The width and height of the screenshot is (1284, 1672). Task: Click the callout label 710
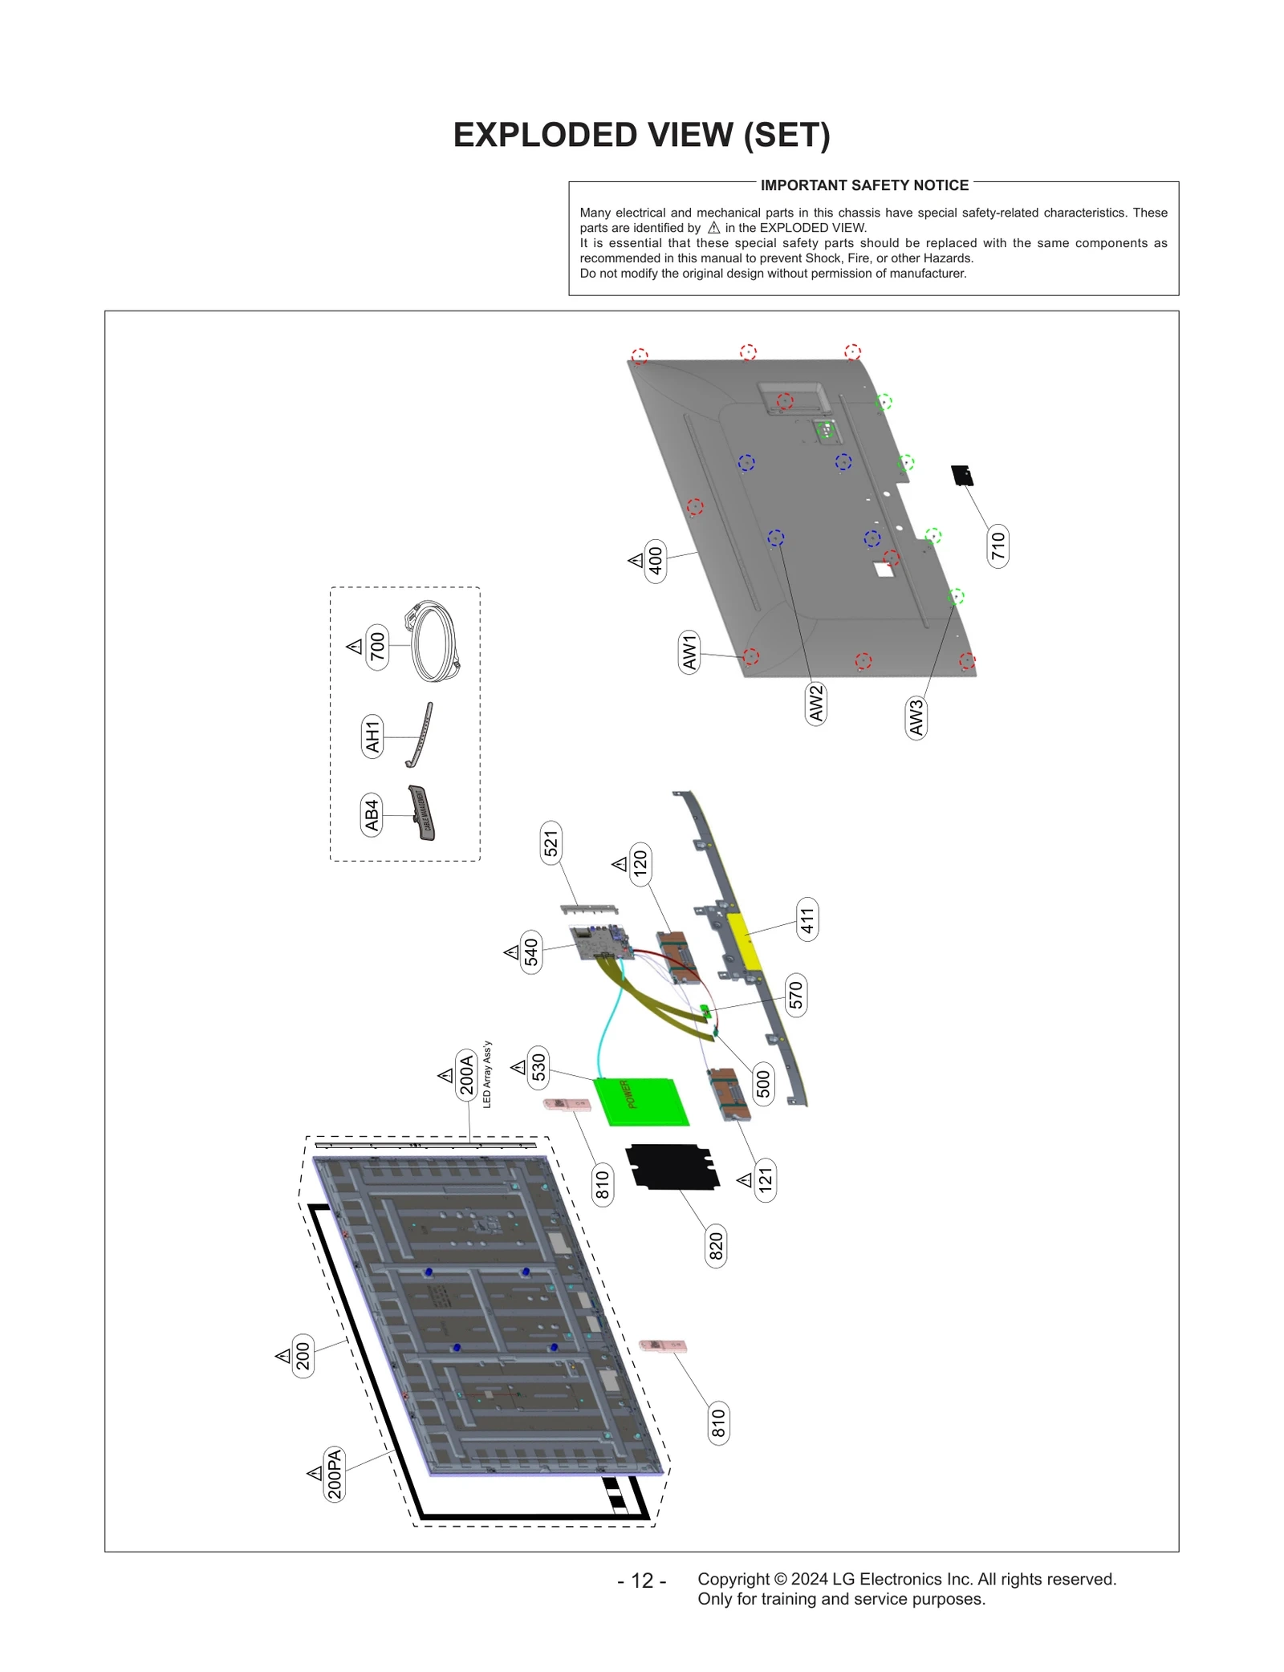[998, 546]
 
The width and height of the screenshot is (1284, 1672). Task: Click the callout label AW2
[815, 703]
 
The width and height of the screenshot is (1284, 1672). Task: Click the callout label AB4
[372, 814]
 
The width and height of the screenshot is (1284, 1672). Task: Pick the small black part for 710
[962, 475]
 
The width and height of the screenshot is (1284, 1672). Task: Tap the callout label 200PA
[334, 1473]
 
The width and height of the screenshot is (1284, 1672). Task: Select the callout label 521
[551, 843]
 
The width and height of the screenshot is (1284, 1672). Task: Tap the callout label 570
[795, 995]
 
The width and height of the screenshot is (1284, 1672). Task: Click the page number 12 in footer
[642, 1580]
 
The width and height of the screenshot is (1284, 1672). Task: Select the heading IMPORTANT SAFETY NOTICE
[864, 185]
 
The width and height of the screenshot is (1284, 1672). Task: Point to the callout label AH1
[372, 737]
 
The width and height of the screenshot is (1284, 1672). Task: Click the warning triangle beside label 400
[636, 560]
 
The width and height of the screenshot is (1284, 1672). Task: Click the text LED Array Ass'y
[487, 1074]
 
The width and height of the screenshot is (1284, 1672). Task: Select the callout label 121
[766, 1179]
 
